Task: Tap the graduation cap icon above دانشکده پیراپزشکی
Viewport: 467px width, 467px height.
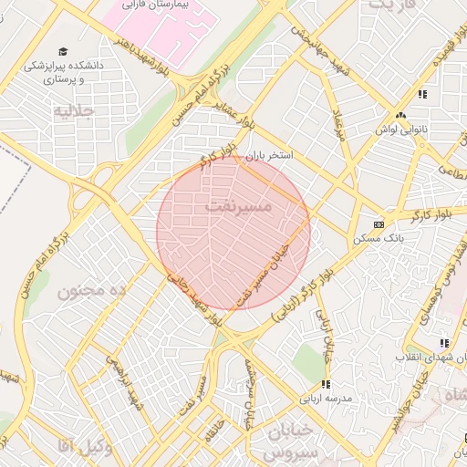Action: pyautogui.click(x=62, y=51)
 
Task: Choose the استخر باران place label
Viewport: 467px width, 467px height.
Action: pyautogui.click(x=273, y=156)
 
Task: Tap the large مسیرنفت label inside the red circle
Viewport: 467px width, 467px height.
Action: pyautogui.click(x=234, y=208)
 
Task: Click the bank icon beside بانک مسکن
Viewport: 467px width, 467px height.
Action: pyautogui.click(x=379, y=223)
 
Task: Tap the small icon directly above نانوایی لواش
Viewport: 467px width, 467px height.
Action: pyautogui.click(x=401, y=116)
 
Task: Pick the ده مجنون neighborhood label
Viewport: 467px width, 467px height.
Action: pyautogui.click(x=91, y=291)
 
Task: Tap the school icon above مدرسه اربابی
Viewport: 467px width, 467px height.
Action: pyautogui.click(x=326, y=384)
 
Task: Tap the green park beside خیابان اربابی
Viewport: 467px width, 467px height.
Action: pyautogui.click(x=308, y=365)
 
